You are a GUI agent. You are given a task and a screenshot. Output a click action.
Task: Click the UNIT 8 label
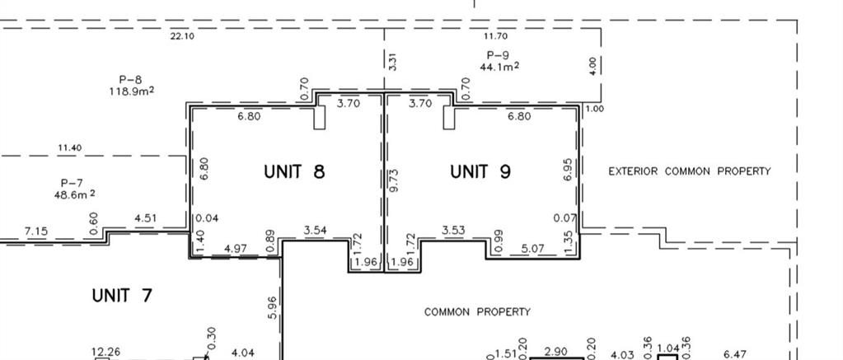click(x=295, y=171)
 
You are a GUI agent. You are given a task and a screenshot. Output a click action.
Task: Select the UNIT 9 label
click(x=480, y=171)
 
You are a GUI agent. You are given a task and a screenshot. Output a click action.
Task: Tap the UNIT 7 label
click(x=122, y=296)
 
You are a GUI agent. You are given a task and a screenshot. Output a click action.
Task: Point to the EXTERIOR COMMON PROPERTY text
click(x=689, y=171)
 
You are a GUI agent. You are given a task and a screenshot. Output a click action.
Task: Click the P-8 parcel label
click(x=131, y=80)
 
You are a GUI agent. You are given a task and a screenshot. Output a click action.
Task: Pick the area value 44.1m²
click(x=499, y=66)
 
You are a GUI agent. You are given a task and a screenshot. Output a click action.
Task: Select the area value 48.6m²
click(x=75, y=194)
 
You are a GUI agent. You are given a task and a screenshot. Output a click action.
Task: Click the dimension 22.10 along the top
click(x=182, y=36)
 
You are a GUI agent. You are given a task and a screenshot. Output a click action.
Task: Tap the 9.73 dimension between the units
click(x=394, y=180)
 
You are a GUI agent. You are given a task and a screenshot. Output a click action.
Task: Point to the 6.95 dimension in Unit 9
click(x=569, y=170)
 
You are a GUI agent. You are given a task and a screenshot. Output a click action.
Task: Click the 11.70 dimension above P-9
click(x=495, y=36)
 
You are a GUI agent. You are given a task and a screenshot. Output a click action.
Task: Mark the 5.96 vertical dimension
click(x=272, y=308)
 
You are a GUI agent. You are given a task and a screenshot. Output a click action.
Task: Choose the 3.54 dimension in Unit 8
click(x=315, y=231)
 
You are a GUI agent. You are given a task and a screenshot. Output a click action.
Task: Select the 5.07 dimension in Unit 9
click(x=533, y=249)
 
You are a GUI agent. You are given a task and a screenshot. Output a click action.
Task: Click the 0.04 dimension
click(x=207, y=218)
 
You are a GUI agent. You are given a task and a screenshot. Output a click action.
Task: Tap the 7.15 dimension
click(x=36, y=231)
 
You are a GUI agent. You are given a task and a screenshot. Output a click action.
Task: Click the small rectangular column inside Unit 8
click(x=320, y=118)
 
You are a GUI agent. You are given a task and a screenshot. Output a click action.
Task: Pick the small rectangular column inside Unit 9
click(x=449, y=118)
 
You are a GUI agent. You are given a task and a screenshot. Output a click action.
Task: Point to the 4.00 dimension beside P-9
click(x=592, y=66)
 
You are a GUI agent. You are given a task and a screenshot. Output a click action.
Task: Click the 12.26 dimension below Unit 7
click(x=106, y=353)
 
